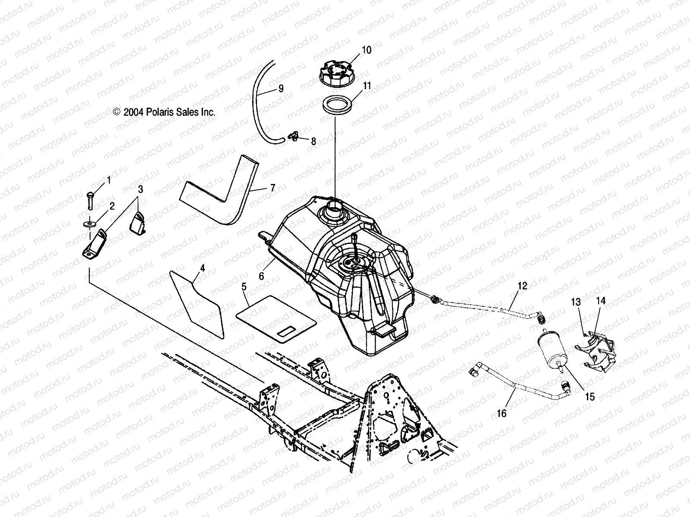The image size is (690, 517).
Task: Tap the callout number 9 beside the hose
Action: point(281,89)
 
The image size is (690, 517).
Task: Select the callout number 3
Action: point(141,189)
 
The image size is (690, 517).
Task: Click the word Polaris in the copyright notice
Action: point(163,112)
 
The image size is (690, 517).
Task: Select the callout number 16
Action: point(502,414)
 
